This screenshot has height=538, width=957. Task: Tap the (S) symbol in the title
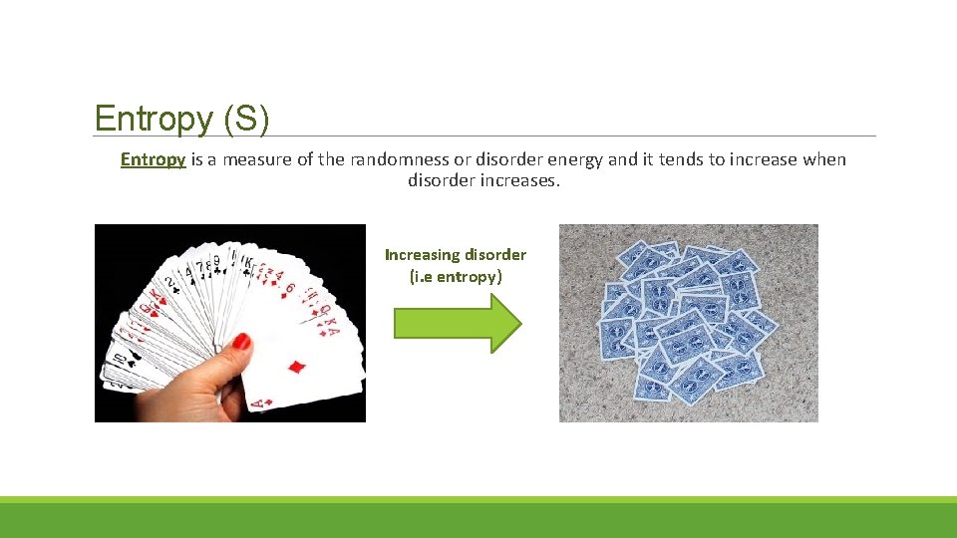[x=246, y=120]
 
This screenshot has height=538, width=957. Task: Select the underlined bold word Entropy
[x=153, y=159]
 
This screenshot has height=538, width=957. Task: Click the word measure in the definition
[x=257, y=159]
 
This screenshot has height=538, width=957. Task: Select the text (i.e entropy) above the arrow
[x=456, y=277]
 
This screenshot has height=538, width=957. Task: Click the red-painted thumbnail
[x=240, y=342]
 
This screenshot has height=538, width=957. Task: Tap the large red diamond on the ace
[x=296, y=367]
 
